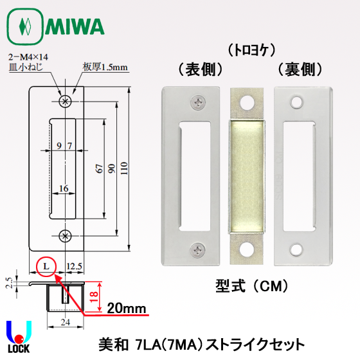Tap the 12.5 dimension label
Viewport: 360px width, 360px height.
[x=73, y=265]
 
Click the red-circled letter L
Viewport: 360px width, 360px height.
[x=46, y=265]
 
